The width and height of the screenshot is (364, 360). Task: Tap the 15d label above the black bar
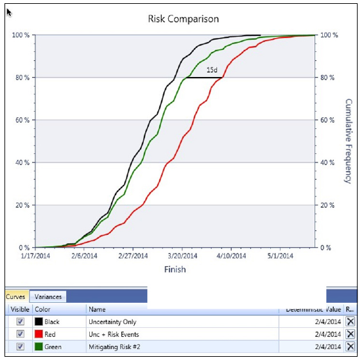point(212,70)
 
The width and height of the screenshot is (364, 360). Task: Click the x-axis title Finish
point(174,269)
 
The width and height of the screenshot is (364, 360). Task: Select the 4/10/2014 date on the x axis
point(230,255)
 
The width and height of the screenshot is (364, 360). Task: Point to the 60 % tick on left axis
point(21,120)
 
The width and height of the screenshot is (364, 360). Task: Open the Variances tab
point(48,296)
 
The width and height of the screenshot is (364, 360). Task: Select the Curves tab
point(15,296)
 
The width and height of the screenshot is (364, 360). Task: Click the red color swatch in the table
point(39,334)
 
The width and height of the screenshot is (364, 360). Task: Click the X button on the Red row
point(350,334)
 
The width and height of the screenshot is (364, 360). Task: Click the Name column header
point(97,309)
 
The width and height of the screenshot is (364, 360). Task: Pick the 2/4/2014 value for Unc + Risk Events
point(327,334)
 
